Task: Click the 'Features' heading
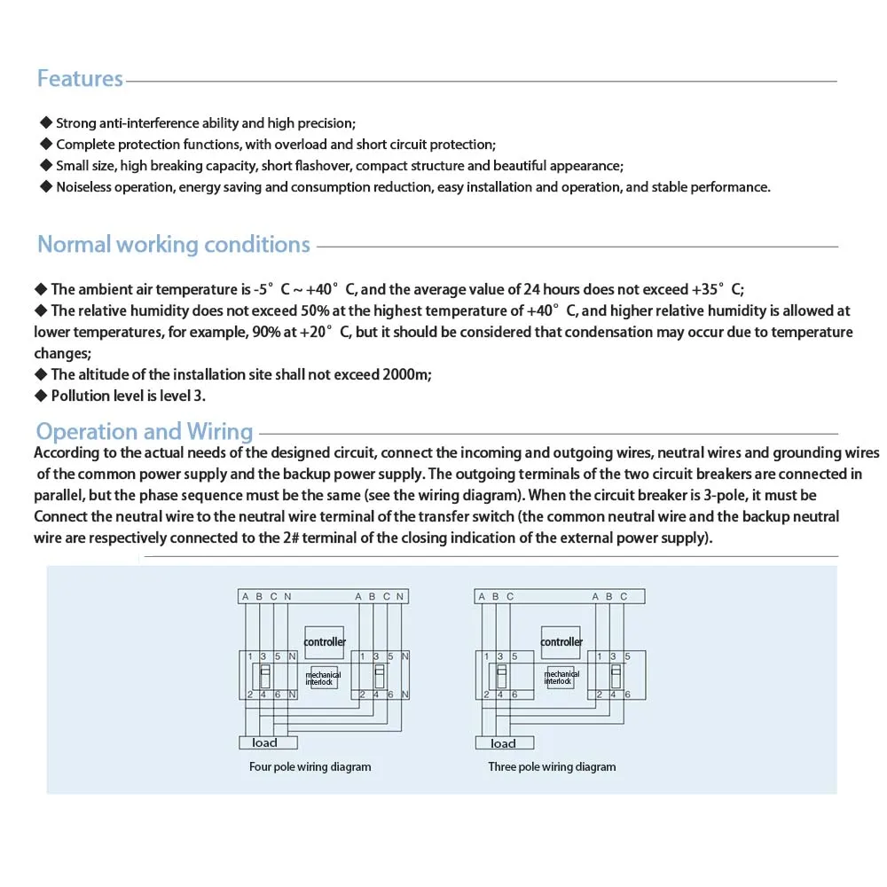80,79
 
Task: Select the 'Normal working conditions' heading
174,245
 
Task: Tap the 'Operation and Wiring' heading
145,432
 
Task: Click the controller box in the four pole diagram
325,641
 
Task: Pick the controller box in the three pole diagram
561,641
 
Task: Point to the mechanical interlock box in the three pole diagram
561,678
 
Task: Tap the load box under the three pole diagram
504,743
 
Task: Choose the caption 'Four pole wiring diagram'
310,767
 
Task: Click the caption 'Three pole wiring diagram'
552,767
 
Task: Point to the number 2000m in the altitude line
405,375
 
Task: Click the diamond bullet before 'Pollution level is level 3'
40,396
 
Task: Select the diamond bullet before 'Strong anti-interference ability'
46,123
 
